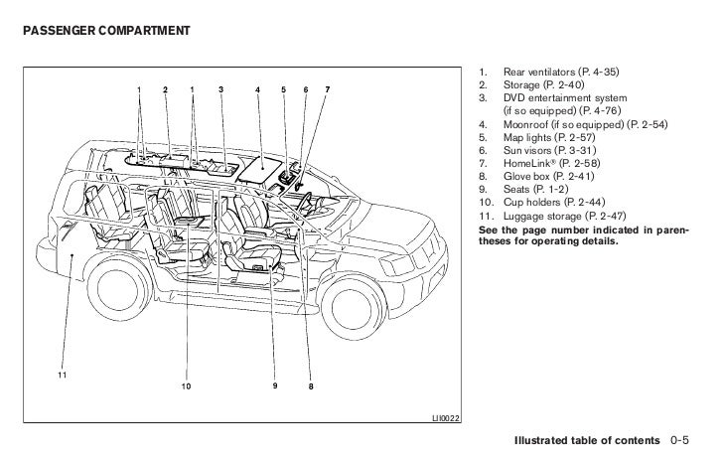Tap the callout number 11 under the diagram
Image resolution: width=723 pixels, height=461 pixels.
pyautogui.click(x=61, y=375)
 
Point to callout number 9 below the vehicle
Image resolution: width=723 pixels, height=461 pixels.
pyautogui.click(x=275, y=385)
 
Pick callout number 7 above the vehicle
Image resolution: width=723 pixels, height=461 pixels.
pyautogui.click(x=328, y=91)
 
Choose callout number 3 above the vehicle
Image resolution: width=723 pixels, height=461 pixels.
pyautogui.click(x=219, y=91)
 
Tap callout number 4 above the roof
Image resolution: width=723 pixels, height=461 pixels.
pyautogui.click(x=257, y=91)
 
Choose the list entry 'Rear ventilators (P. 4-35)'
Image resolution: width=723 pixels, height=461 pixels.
pyautogui.click(x=559, y=73)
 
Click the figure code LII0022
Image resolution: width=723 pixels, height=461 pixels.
pyautogui.click(x=444, y=416)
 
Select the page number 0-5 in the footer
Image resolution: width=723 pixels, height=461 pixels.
pyautogui.click(x=681, y=438)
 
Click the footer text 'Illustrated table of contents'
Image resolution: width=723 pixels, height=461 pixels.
pyautogui.click(x=584, y=438)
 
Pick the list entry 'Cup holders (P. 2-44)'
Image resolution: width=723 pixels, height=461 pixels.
pyautogui.click(x=554, y=201)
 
